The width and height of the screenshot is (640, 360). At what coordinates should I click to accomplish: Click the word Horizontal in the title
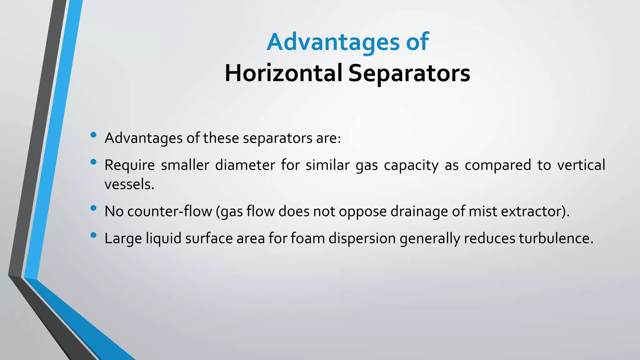(283, 73)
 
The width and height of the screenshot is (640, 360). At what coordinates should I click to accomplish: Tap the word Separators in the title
(409, 73)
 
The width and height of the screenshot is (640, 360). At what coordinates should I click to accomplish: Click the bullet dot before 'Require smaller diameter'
(93, 162)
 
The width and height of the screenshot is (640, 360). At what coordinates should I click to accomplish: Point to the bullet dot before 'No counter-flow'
(93, 208)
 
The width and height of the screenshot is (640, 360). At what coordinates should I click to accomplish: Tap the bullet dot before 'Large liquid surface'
(93, 235)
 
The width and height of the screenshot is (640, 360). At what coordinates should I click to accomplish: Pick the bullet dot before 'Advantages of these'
(93, 135)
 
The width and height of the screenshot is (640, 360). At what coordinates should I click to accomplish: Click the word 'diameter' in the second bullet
(245, 165)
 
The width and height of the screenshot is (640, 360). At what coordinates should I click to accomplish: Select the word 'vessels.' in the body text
(129, 184)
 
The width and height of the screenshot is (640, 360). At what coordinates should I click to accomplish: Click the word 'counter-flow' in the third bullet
(170, 211)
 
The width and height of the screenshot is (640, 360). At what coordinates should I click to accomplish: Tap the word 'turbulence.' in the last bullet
(556, 238)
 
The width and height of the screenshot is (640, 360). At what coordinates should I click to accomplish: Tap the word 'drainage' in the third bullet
(419, 212)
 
